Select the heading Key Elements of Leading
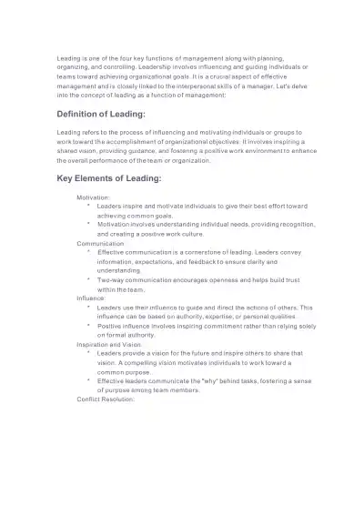tap(108, 178)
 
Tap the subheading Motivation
tap(93, 197)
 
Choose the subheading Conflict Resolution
tap(106, 399)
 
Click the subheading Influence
tap(91, 298)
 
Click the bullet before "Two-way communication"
tap(87, 279)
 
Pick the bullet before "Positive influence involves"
tap(87, 325)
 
